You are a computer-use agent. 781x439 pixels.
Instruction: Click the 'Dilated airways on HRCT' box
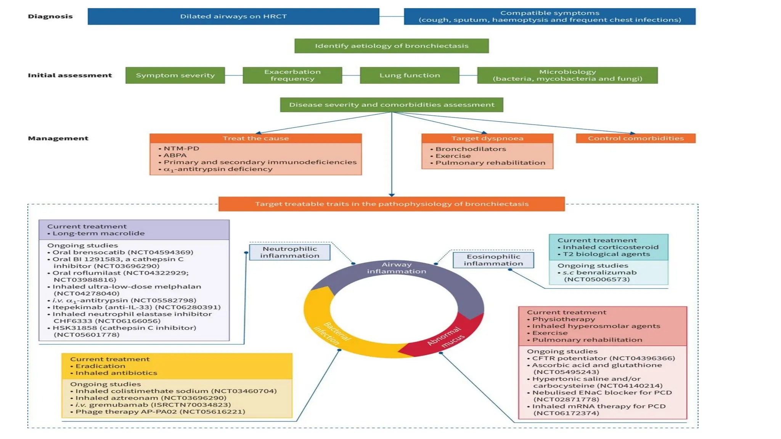tap(233, 16)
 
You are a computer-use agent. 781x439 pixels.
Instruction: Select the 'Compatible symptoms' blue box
tap(550, 16)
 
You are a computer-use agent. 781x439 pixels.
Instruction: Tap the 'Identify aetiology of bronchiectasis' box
tap(392, 46)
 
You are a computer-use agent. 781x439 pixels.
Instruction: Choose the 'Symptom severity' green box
tap(175, 75)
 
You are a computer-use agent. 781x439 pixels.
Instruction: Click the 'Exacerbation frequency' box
tap(292, 75)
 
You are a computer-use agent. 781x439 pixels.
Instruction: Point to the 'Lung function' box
tap(410, 75)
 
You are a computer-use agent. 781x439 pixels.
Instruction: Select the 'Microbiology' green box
tap(567, 75)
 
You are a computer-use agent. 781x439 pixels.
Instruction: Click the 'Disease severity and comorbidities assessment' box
tap(392, 105)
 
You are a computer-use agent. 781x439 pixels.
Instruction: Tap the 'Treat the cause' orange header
tap(256, 138)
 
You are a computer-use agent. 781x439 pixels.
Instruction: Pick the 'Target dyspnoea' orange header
tap(487, 138)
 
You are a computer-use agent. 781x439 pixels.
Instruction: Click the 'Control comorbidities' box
tap(636, 138)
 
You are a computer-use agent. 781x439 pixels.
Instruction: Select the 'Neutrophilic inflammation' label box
tap(290, 252)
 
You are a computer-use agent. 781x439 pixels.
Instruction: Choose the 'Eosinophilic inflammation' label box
tap(493, 260)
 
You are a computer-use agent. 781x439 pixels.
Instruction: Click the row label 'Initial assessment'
tap(70, 75)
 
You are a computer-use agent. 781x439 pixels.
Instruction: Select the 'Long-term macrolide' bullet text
tap(98, 233)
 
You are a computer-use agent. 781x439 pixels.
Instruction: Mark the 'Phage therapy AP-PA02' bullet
tap(160, 412)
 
